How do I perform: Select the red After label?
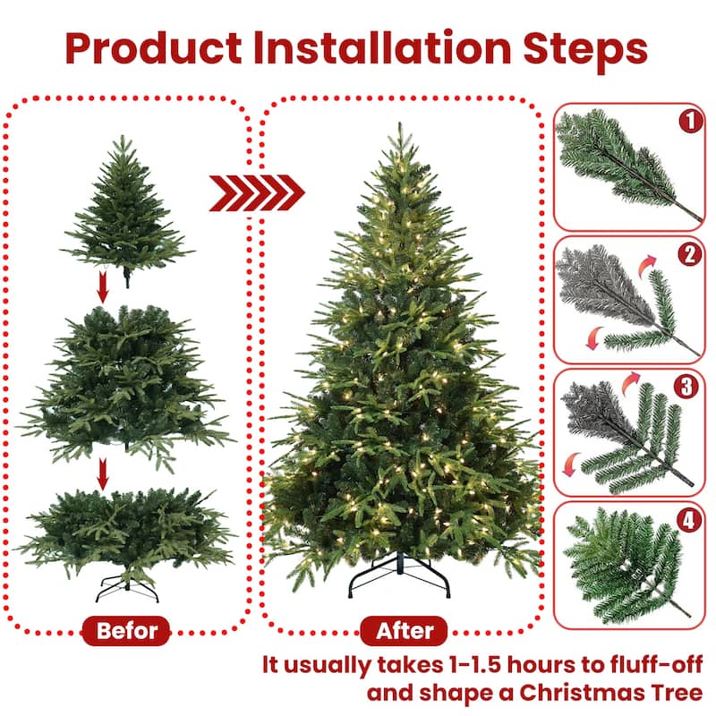[405, 631]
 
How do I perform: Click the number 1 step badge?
[689, 122]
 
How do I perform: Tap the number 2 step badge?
[689, 254]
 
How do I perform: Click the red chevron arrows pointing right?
[257, 192]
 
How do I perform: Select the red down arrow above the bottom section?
[104, 474]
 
